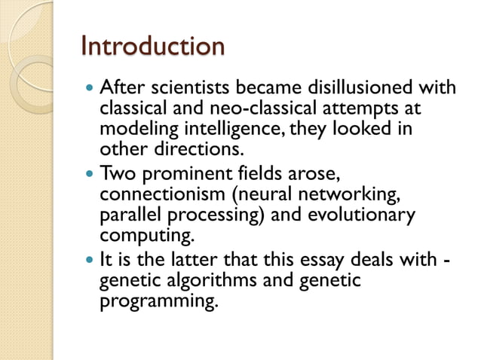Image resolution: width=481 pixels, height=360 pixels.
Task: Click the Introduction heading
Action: (152, 46)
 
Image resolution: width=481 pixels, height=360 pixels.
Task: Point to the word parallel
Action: (127, 215)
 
